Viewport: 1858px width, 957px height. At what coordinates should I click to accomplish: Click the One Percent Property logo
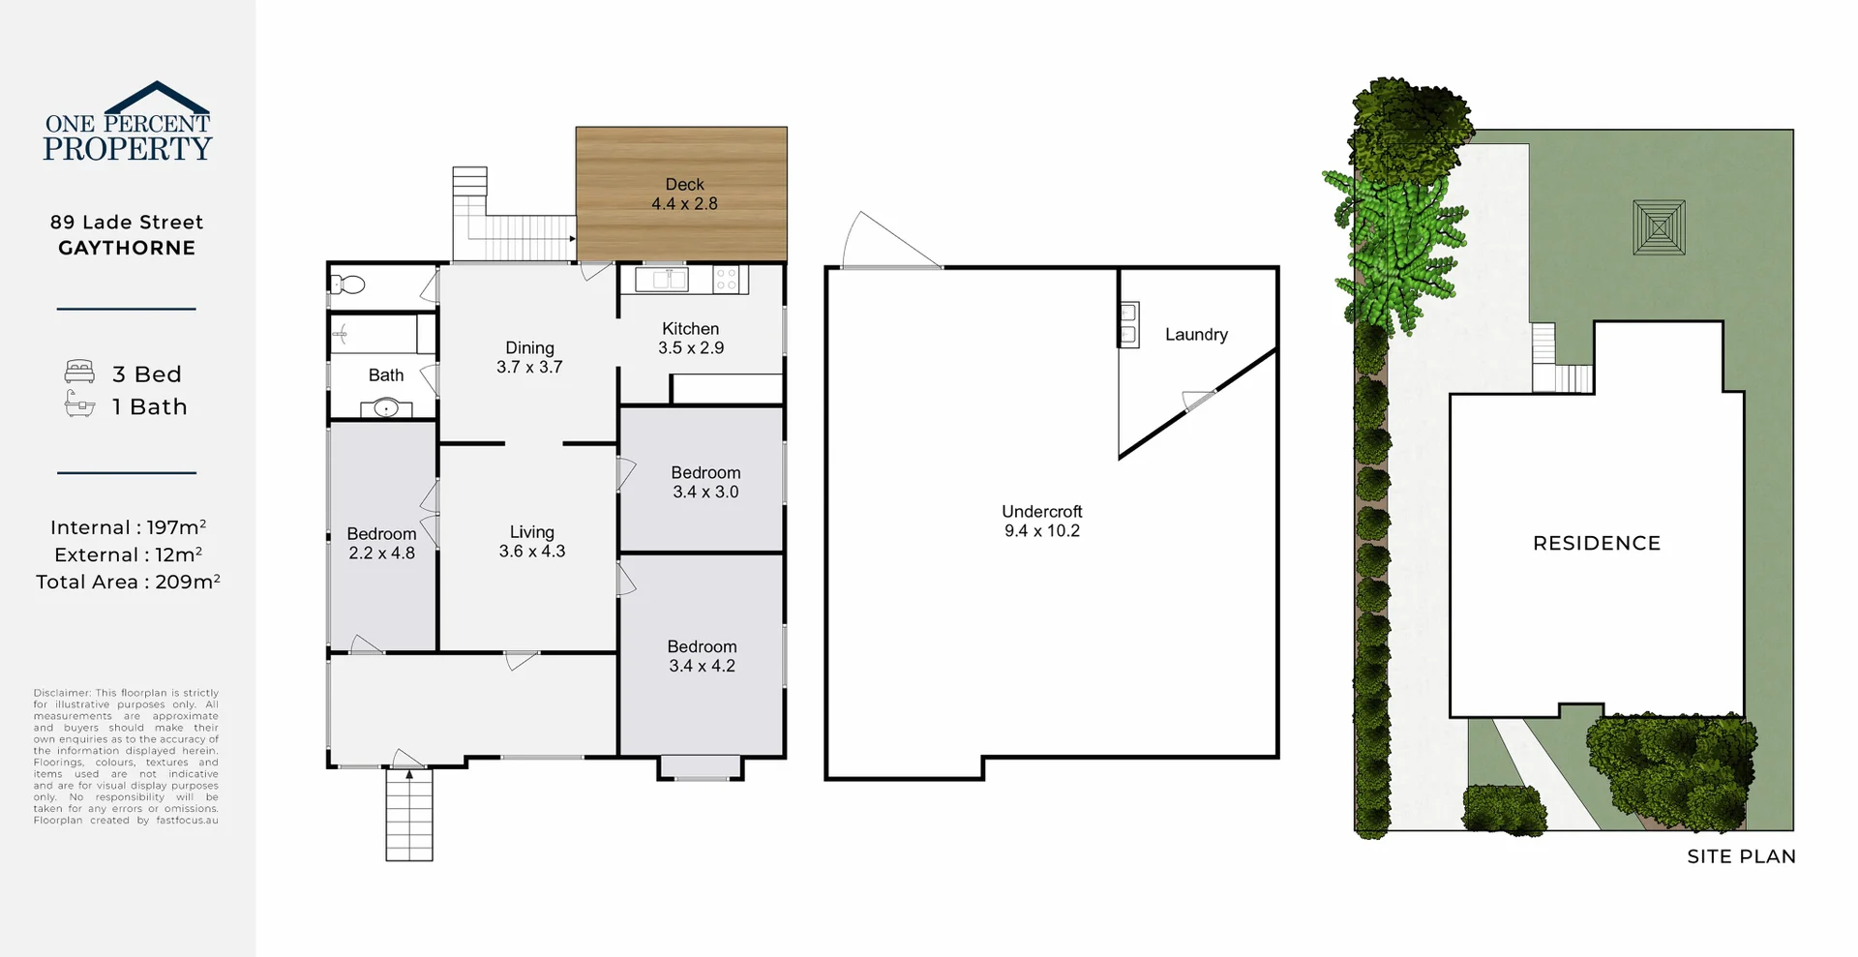coord(127,123)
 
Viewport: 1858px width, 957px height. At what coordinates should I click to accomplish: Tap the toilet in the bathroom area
coord(347,284)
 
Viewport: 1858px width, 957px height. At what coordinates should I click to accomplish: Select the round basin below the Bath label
coord(386,408)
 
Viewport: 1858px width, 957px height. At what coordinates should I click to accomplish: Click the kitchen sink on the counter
coord(662,280)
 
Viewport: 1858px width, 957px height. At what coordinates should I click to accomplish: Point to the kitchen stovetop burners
coord(727,280)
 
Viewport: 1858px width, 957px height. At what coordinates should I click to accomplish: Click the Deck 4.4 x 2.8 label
coord(684,194)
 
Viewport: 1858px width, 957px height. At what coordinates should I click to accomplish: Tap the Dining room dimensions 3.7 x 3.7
coord(529,368)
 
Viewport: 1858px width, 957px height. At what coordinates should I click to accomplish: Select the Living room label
coord(531,532)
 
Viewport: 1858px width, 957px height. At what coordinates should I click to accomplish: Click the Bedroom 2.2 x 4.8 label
coord(381,544)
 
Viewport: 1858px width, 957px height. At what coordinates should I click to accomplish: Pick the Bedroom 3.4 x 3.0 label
coord(705,482)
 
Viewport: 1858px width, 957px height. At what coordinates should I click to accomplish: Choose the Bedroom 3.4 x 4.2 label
coord(702,656)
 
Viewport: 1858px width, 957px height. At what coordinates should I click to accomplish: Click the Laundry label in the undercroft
coord(1196,335)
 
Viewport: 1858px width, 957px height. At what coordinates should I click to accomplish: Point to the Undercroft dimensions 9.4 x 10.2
coord(1042,531)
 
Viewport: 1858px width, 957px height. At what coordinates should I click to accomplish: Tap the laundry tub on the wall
coord(1128,324)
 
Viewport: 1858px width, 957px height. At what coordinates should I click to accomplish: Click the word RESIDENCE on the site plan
coord(1597,544)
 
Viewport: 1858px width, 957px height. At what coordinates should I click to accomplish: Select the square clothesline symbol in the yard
coord(1659,227)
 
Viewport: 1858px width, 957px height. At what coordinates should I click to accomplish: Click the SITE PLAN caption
coord(1741,856)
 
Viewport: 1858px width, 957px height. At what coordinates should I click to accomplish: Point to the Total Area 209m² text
coord(128,582)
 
